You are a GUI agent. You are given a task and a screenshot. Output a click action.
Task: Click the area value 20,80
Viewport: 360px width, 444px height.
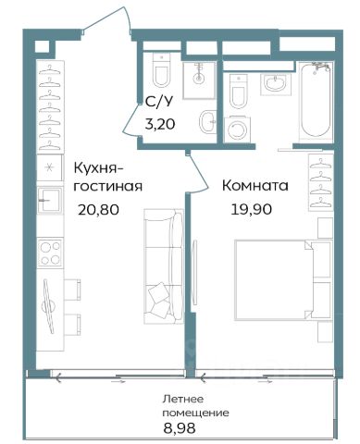[98, 210]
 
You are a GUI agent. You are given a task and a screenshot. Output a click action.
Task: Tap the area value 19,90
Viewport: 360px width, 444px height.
[252, 209]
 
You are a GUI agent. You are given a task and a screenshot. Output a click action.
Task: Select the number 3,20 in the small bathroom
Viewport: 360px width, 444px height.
[160, 124]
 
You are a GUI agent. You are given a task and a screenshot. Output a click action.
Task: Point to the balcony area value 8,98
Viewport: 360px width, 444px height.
[180, 428]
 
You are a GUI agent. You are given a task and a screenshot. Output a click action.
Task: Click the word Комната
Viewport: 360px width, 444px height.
[255, 186]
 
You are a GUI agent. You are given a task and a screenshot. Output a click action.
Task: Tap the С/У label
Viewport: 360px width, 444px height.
[159, 102]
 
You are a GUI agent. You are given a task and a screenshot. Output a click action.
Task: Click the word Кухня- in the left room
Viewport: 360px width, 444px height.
[99, 168]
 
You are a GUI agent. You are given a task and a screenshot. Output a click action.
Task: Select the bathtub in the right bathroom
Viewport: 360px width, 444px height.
[316, 101]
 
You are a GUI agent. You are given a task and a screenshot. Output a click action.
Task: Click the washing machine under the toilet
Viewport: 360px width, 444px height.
[237, 129]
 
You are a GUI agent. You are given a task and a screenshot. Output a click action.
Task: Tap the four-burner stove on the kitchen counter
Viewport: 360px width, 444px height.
[50, 253]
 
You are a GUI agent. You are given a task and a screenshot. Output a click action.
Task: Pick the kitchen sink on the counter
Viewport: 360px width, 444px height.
[49, 200]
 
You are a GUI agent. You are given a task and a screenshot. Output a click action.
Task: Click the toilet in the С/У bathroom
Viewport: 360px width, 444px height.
[161, 70]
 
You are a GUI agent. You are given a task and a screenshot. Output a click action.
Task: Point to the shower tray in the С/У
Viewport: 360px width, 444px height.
[199, 80]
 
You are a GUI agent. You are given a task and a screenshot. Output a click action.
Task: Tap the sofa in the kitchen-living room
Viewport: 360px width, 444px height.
[164, 266]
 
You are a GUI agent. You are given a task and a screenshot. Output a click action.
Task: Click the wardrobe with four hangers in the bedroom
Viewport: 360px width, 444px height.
[321, 182]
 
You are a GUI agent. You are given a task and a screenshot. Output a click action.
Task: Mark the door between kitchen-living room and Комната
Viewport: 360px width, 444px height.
[198, 173]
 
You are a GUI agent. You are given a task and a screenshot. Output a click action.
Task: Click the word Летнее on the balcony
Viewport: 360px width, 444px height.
[183, 399]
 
